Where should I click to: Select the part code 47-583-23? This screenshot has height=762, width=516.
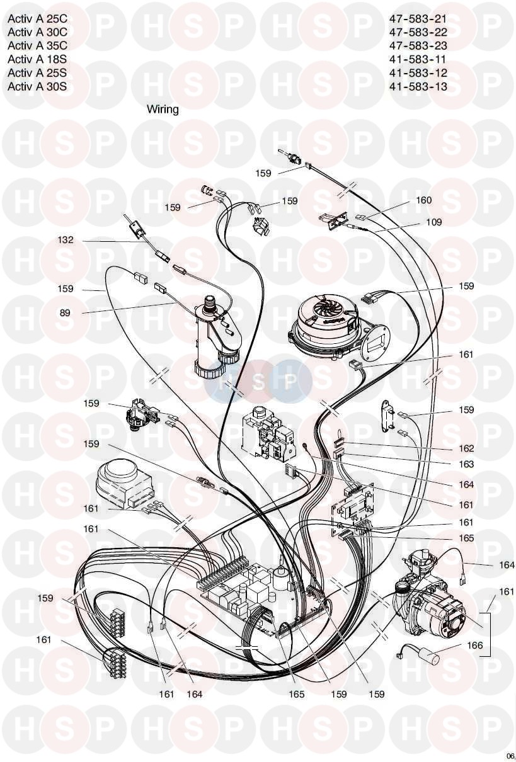418,45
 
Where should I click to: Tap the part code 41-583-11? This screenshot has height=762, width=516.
418,60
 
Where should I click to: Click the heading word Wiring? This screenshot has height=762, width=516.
163,109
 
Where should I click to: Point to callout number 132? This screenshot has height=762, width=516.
66,240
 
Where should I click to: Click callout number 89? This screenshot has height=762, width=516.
65,312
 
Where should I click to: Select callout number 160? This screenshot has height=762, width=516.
424,200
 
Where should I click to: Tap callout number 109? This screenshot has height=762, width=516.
433,222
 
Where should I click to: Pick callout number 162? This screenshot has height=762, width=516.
466,448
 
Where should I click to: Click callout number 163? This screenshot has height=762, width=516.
466,464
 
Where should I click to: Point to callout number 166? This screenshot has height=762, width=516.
475,645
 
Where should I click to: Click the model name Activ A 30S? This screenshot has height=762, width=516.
37,87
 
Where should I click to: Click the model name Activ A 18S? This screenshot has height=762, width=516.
37,60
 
